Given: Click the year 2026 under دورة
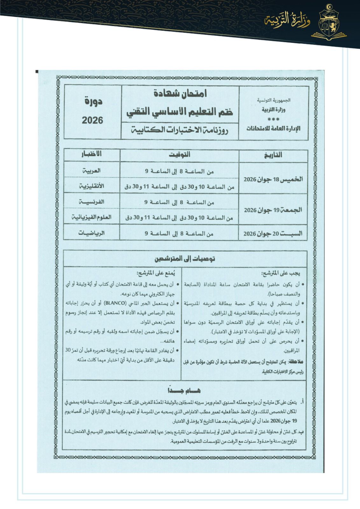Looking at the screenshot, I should tap(93, 120).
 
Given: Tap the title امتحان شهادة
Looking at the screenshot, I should tap(180, 94).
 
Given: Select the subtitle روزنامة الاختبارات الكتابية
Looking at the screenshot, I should tap(180, 130).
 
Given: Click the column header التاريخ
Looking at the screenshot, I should tap(273, 155).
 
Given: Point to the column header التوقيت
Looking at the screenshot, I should tap(179, 155).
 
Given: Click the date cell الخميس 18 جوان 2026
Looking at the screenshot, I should tap(273, 179).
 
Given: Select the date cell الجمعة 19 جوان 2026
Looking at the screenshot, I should tap(273, 210).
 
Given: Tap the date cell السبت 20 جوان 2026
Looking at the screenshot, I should tap(273, 234).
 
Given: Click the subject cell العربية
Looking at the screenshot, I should tap(92, 171).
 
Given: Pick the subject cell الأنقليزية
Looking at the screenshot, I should tap(92, 186).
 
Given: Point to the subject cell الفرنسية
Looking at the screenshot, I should tap(92, 202).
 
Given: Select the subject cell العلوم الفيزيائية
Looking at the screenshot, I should tap(92, 217).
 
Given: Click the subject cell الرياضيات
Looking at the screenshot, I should tap(92, 233).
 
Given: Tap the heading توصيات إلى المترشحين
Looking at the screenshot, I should tap(185, 259).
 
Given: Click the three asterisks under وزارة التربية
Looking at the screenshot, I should tap(273, 120).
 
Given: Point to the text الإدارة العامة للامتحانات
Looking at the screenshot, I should tap(273, 129).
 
